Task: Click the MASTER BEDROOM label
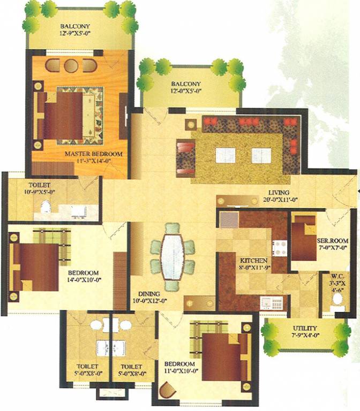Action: click(x=93, y=154)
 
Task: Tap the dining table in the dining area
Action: click(x=172, y=256)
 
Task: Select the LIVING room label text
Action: click(x=279, y=193)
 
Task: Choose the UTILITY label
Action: click(x=304, y=328)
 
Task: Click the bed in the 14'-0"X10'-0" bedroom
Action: click(x=37, y=267)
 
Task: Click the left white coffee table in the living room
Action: click(x=225, y=155)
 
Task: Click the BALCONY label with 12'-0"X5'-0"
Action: click(x=186, y=84)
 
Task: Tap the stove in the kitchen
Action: click(x=279, y=247)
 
